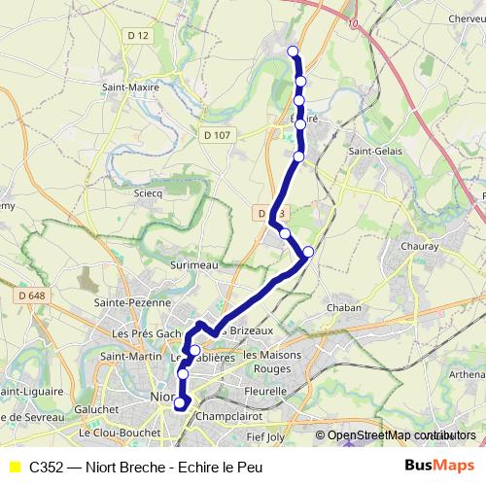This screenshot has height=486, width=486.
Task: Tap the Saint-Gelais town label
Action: [x=373, y=151]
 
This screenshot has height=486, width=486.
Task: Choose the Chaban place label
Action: [x=343, y=307]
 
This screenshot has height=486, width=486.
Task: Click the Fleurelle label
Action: [x=264, y=391]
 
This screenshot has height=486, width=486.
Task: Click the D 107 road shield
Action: [x=218, y=135]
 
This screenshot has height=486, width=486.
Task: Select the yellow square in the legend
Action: [x=15, y=467]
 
